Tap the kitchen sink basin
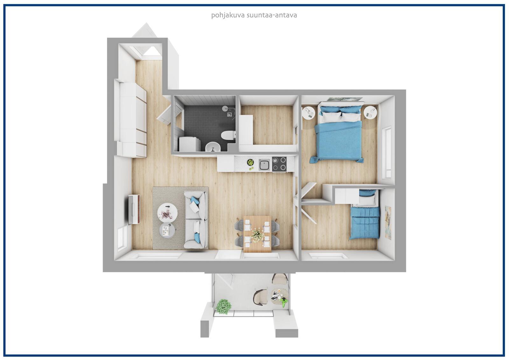264,165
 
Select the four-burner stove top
279,164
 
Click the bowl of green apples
250,162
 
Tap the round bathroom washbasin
213,147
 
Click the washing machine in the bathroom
190,144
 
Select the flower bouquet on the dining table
258,234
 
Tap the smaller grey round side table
167,230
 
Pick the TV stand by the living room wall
134,209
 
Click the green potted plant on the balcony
224,306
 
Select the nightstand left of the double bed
308,113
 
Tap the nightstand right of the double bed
370,113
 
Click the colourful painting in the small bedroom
388,222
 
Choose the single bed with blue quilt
364,215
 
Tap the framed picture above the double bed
345,99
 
